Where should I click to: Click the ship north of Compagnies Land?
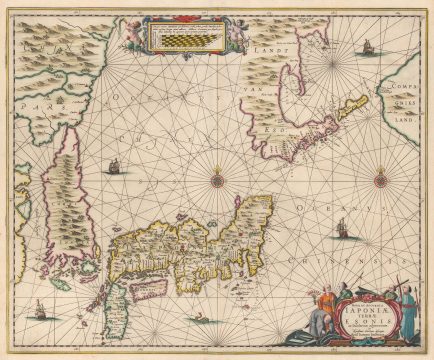tap(367, 47)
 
